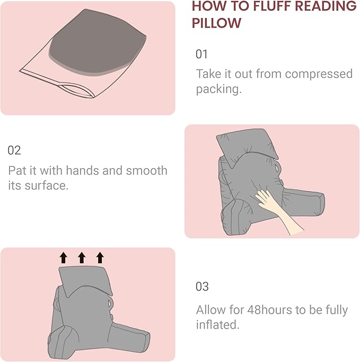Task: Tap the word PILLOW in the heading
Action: click(x=216, y=23)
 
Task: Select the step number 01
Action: click(x=202, y=54)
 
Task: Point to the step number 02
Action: click(x=14, y=150)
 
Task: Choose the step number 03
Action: click(x=203, y=287)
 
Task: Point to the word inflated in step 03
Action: click(x=217, y=324)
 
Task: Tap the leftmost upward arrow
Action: click(x=64, y=258)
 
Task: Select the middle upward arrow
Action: click(x=82, y=258)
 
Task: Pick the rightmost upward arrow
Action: click(x=100, y=258)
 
